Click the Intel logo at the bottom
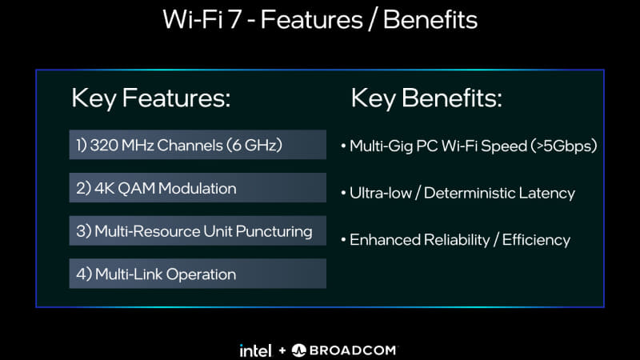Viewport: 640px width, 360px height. click(x=255, y=350)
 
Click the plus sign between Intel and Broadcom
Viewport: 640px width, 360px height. click(x=281, y=350)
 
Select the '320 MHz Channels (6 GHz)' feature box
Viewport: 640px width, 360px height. click(x=198, y=145)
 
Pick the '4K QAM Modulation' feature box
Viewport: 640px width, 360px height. click(x=198, y=188)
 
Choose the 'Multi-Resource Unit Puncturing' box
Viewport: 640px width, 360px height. click(x=198, y=231)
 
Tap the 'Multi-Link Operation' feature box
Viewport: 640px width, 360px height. click(x=198, y=274)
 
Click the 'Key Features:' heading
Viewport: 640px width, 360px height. click(x=151, y=98)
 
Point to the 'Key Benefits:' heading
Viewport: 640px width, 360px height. click(x=426, y=98)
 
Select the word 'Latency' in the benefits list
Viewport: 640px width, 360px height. click(x=548, y=193)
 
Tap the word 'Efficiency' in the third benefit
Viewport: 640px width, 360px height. click(x=536, y=240)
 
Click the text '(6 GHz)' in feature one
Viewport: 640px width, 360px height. click(x=254, y=146)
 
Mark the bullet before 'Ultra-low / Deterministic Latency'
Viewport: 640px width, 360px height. click(x=343, y=194)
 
